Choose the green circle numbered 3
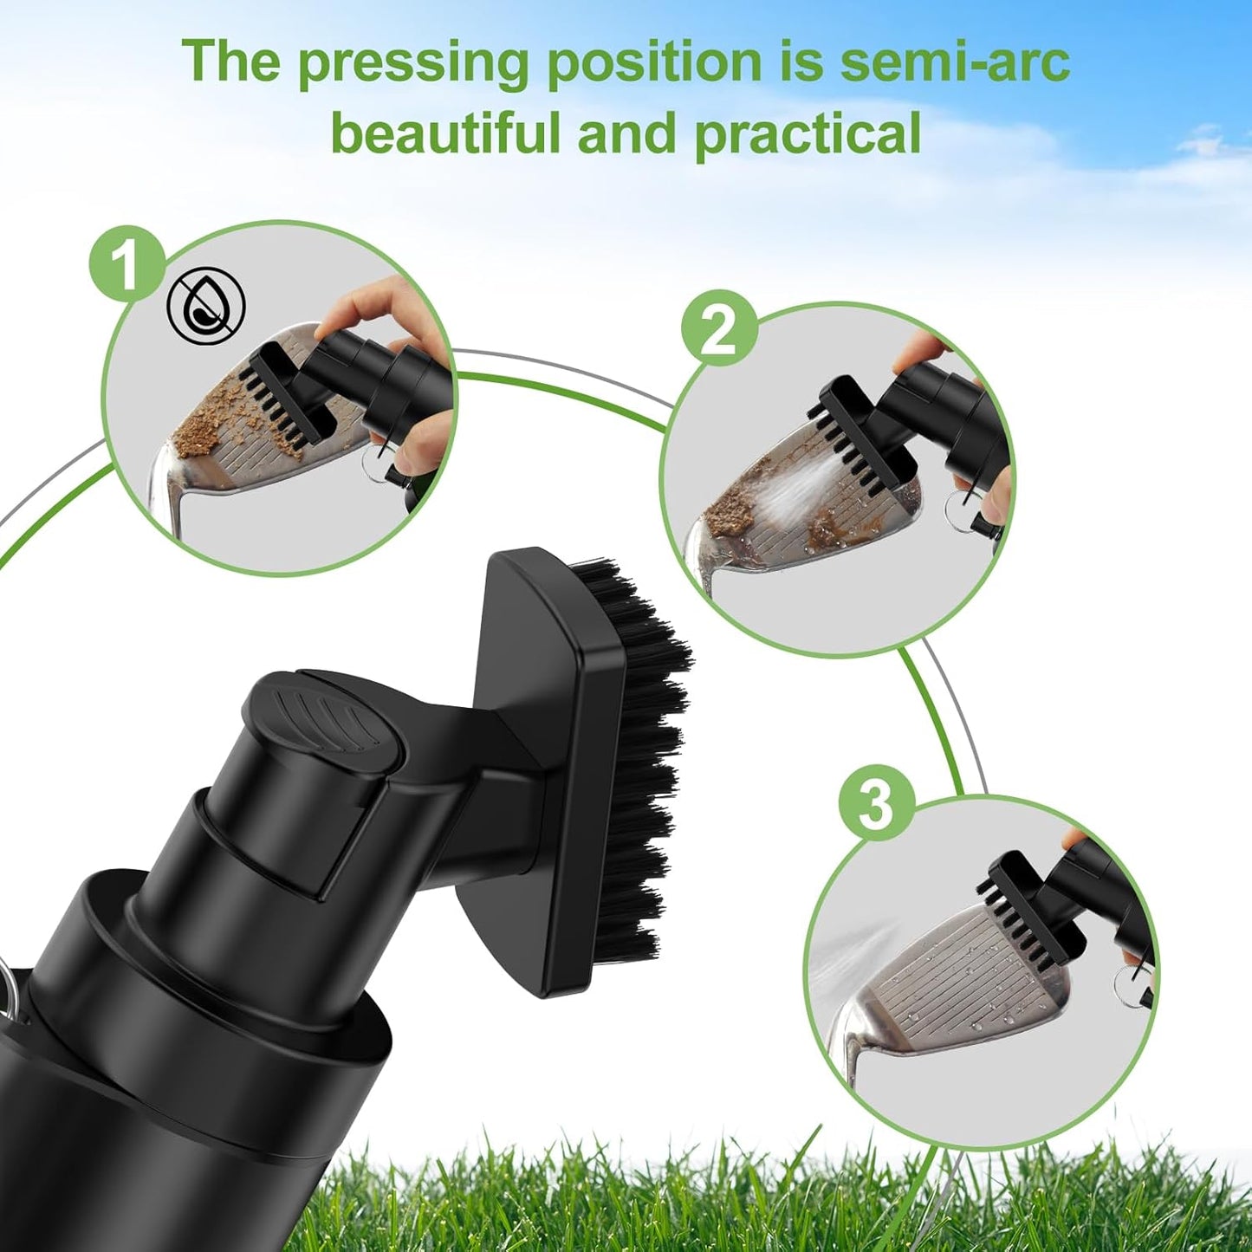(x=876, y=803)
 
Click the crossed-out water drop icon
(x=206, y=305)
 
